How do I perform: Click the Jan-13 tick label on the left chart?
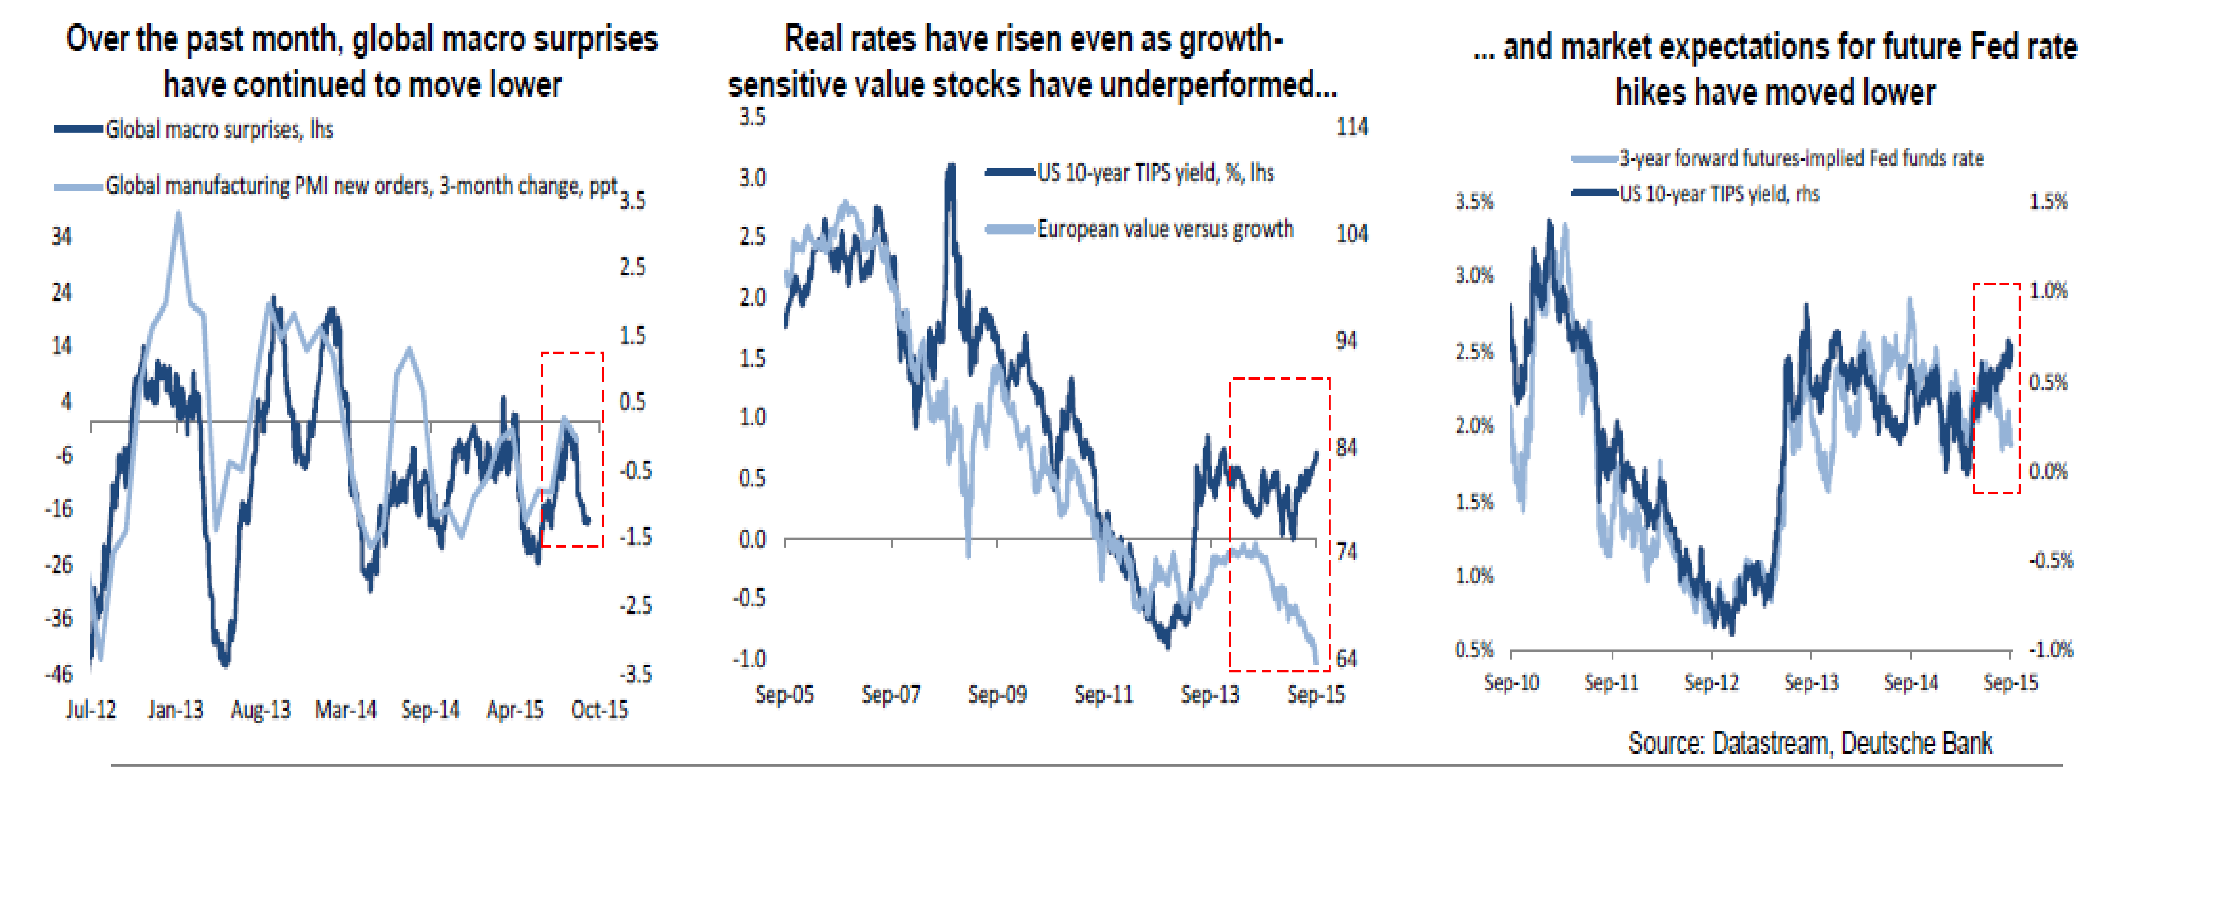point(176,710)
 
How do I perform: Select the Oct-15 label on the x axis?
point(599,710)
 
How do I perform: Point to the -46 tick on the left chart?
point(59,673)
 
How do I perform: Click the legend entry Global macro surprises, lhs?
point(219,129)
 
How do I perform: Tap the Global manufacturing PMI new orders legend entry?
point(361,186)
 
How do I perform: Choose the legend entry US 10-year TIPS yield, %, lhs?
point(1155,173)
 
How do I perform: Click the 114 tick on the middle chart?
point(1351,127)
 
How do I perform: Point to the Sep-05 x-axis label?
point(784,694)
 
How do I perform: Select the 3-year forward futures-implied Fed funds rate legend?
point(1801,158)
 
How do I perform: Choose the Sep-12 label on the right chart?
point(1711,682)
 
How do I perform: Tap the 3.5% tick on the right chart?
point(1474,202)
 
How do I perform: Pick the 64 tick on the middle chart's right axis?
point(1346,659)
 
